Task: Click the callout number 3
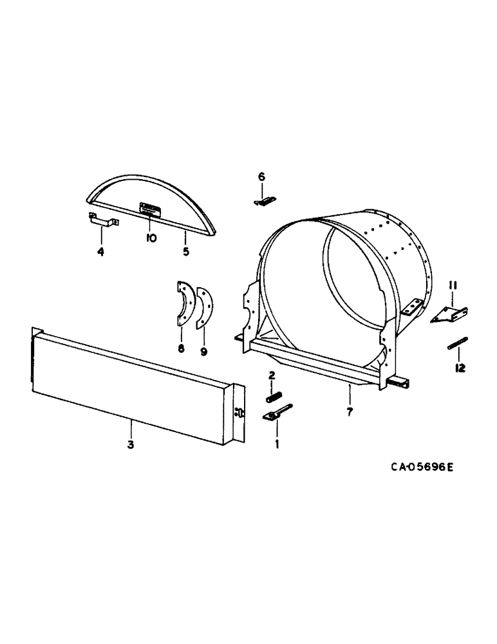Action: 130,444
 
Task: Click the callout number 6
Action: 261,176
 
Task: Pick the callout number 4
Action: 100,252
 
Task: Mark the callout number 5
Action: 186,252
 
